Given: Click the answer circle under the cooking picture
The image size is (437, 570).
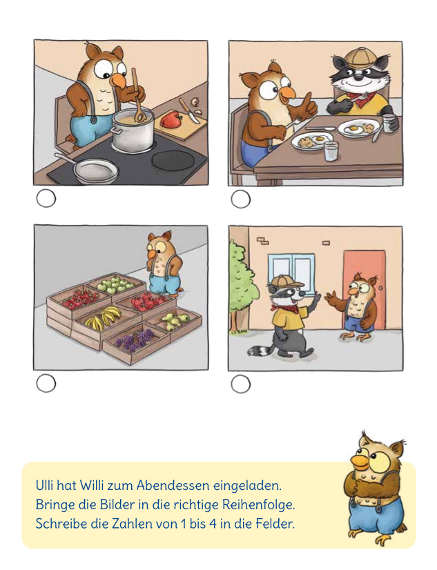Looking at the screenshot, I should click(46, 199).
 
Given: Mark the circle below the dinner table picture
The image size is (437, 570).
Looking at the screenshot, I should click(240, 199).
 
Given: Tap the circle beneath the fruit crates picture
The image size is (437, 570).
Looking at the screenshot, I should click(46, 384).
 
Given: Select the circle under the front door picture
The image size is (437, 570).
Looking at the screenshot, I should click(240, 384).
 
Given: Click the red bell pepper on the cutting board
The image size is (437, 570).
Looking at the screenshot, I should click(171, 120).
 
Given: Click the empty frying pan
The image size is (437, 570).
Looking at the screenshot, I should click(96, 169).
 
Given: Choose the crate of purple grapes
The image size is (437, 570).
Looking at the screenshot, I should click(136, 339).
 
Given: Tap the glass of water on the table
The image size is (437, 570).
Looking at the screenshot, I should click(331, 151).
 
